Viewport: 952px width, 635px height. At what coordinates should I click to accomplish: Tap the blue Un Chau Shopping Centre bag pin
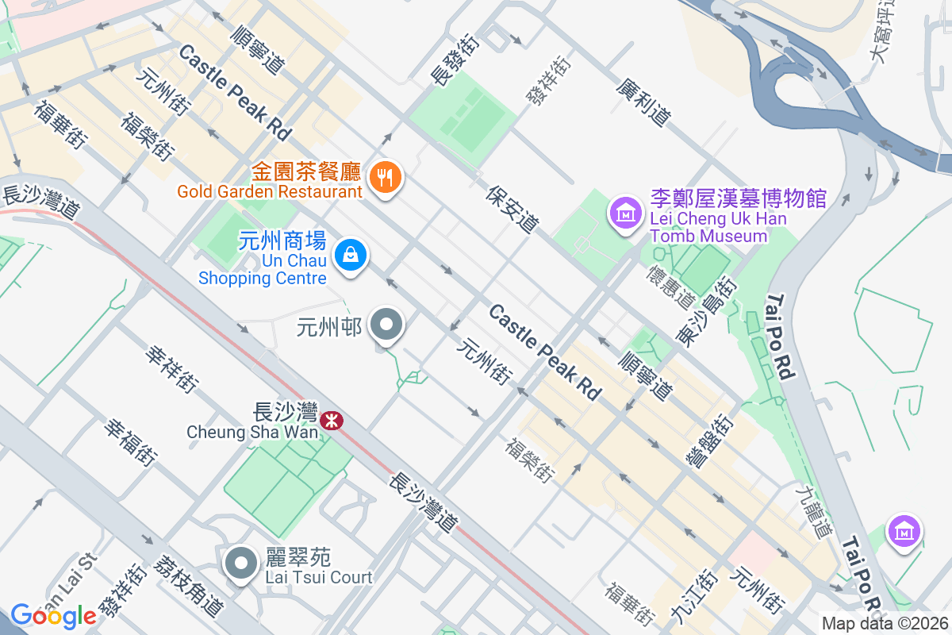(x=350, y=256)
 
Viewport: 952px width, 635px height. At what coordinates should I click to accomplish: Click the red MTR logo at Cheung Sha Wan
(x=332, y=418)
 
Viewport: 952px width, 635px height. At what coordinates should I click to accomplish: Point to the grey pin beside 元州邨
(x=387, y=325)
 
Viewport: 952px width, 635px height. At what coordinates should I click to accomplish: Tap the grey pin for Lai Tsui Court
(x=241, y=564)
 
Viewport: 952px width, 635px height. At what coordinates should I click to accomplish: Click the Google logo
(x=53, y=616)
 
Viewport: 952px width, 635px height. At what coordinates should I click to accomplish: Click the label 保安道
(x=512, y=209)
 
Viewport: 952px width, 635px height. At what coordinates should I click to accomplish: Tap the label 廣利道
(x=643, y=102)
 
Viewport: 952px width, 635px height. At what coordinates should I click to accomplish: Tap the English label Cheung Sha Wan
(x=252, y=433)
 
